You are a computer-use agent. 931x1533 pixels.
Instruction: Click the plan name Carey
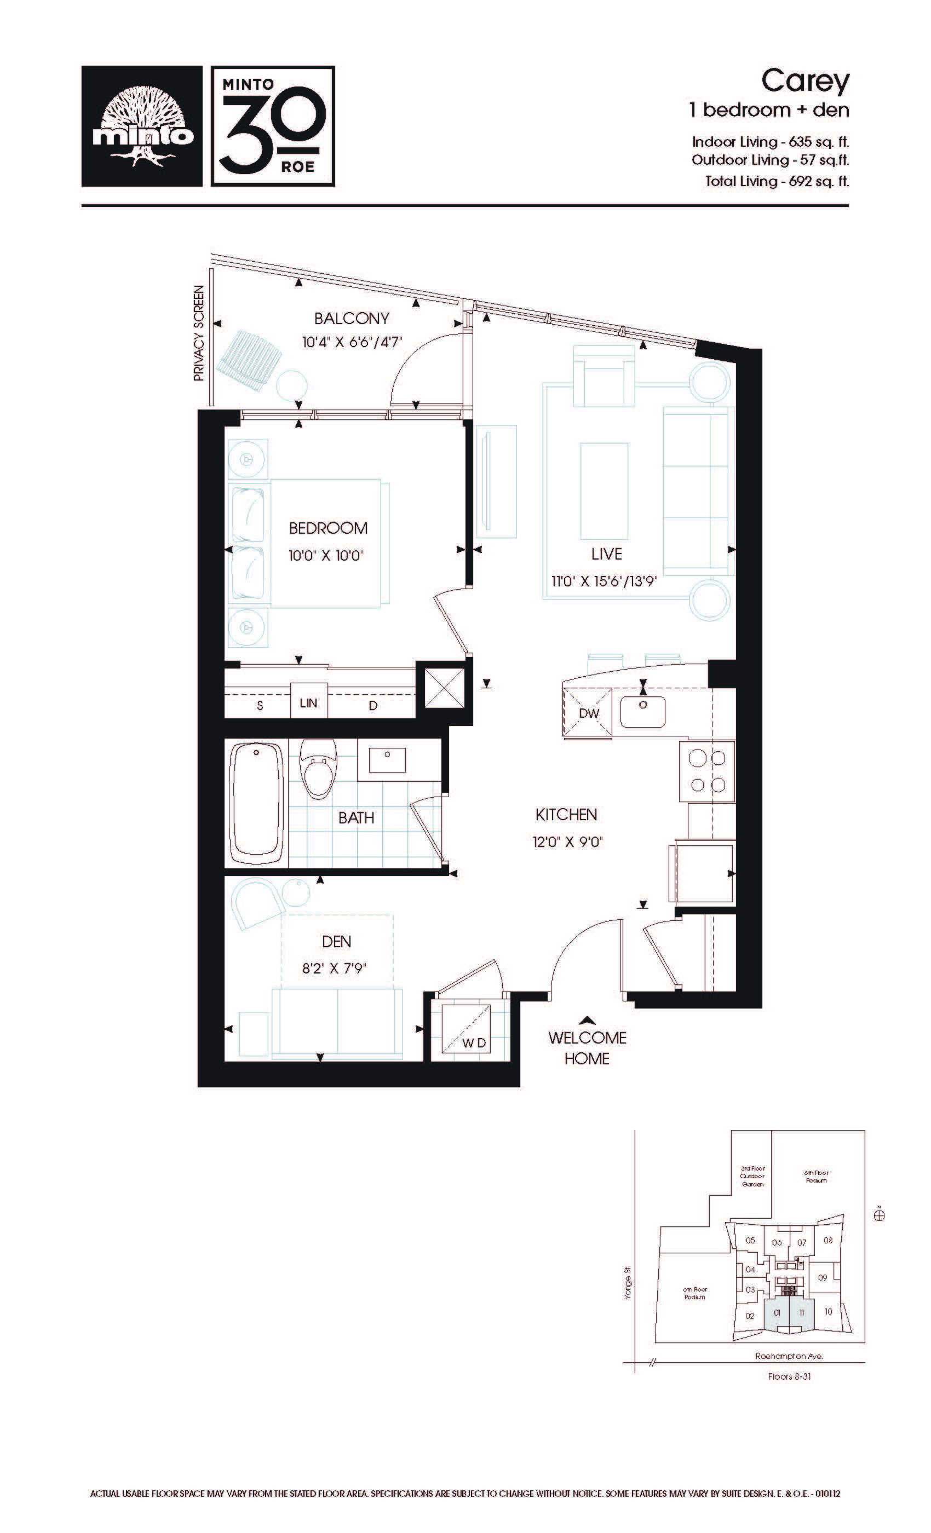click(x=805, y=82)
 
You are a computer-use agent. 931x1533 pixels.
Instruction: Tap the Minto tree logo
click(x=142, y=126)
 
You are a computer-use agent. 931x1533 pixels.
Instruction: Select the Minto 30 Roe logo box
click(x=273, y=126)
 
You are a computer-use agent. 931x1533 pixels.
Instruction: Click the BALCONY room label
click(x=352, y=319)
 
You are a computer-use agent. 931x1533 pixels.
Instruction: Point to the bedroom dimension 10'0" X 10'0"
click(x=325, y=556)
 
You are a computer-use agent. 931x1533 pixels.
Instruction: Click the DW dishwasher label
click(x=589, y=713)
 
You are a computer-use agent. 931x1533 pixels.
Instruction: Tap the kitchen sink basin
click(x=642, y=712)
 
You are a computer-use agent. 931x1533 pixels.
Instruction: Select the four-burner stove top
click(x=707, y=771)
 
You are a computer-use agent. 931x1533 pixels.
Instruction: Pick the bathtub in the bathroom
click(x=257, y=802)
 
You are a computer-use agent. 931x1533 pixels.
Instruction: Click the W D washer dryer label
click(x=474, y=1043)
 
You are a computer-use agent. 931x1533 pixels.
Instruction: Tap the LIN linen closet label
click(x=309, y=703)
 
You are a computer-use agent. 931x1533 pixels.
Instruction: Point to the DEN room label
click(x=337, y=941)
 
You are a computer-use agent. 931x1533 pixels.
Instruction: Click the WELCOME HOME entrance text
click(x=588, y=1048)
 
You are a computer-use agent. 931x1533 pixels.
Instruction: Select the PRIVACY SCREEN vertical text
click(x=198, y=333)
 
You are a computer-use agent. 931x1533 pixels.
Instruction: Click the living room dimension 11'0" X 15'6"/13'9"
click(x=604, y=581)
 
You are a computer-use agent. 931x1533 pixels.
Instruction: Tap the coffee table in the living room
click(x=604, y=491)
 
